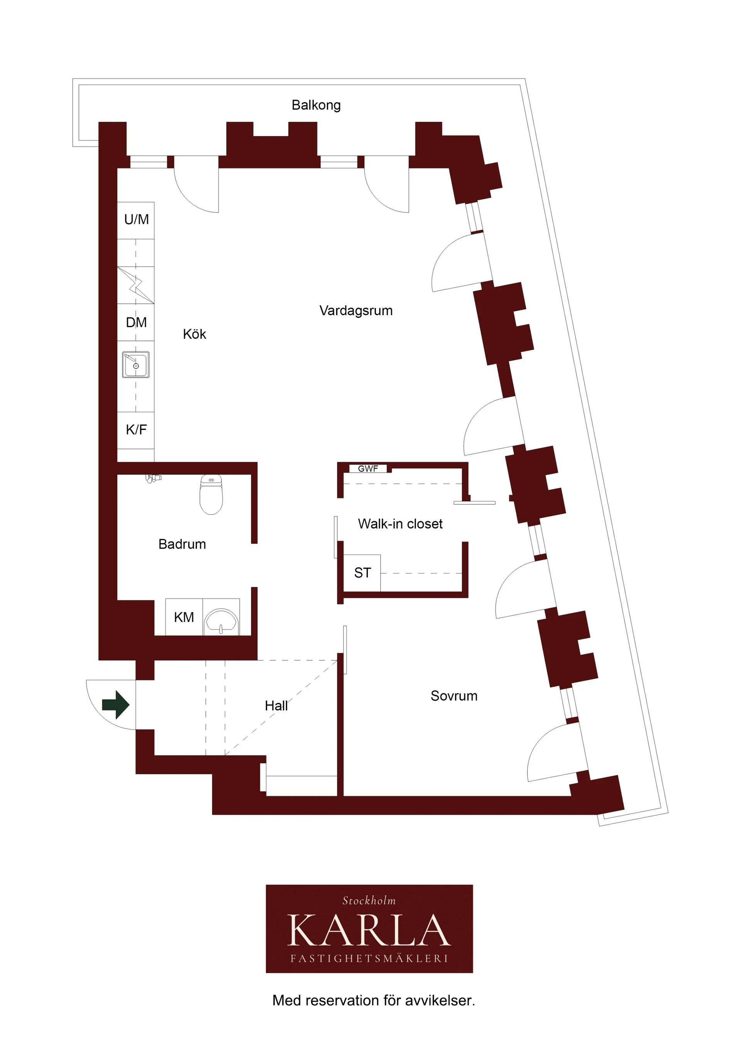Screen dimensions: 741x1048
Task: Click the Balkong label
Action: (316, 105)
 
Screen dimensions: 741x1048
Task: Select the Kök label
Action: (195, 334)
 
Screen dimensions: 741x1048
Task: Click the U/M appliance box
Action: (136, 220)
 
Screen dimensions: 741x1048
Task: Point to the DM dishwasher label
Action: (136, 323)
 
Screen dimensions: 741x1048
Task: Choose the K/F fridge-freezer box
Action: (136, 430)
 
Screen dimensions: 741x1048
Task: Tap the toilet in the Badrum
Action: (211, 494)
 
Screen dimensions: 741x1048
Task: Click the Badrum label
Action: (182, 544)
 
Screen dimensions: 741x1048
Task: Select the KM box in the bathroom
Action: (184, 617)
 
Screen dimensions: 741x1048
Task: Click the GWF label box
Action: (368, 468)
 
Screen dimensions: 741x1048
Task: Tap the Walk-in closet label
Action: (400, 524)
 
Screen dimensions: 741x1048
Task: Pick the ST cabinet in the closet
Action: (362, 573)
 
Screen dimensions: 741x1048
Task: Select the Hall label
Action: (276, 706)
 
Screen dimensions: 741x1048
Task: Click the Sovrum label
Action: (454, 696)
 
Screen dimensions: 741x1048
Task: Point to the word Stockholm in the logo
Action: (369, 900)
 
